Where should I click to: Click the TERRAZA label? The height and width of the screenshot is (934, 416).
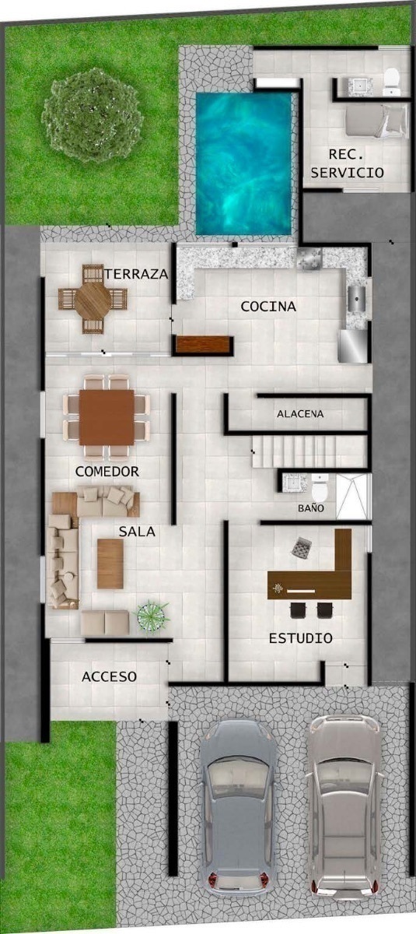coord(136,274)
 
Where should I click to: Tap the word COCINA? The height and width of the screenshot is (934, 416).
coord(268,307)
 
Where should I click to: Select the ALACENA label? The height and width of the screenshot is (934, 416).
coord(300,414)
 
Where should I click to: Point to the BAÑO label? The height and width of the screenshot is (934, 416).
coord(311,507)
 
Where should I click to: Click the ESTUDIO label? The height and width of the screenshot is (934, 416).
coord(300,638)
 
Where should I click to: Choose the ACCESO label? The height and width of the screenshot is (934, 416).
coord(109,676)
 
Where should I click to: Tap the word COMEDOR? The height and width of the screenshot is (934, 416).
coord(107,471)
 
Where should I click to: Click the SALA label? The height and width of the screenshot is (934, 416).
coord(137,531)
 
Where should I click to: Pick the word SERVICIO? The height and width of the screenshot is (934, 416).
coord(348,172)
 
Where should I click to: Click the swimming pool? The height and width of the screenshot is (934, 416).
coord(243,163)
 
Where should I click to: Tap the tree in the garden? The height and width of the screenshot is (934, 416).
coord(93,114)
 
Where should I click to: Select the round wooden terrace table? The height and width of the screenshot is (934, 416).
coord(93,299)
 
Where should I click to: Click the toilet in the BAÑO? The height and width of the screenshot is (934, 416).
coord(320,488)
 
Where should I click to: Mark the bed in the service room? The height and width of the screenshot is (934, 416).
coord(376,121)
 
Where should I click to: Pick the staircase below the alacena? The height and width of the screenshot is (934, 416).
coord(310,451)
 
